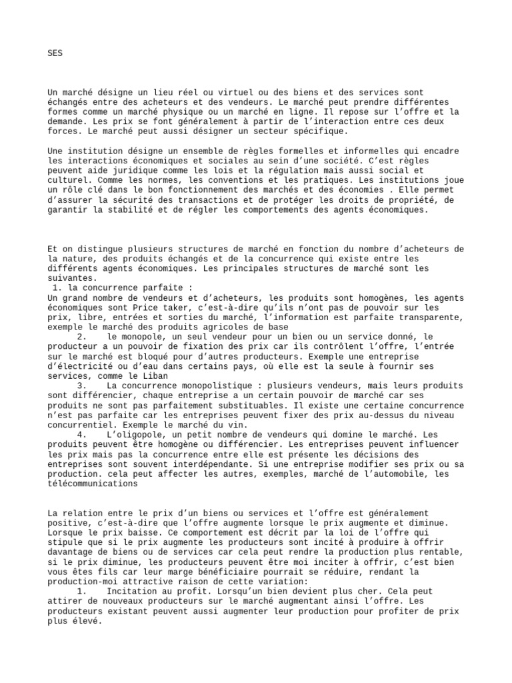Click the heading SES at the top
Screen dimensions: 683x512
pyautogui.click(x=55, y=53)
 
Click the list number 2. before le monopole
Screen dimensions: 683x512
pyautogui.click(x=83, y=337)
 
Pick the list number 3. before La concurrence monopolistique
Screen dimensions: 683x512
pyautogui.click(x=83, y=386)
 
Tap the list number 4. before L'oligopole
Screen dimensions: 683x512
pyautogui.click(x=83, y=435)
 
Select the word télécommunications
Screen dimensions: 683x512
pyautogui.click(x=93, y=484)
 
